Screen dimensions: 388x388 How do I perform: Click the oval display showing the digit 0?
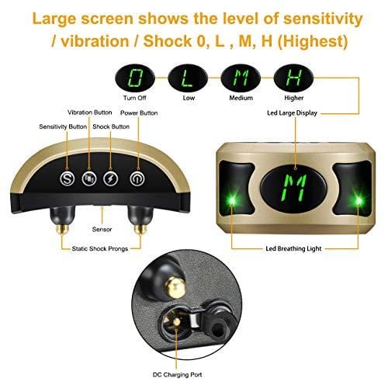(x=135, y=78)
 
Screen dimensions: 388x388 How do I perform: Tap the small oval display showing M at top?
(x=241, y=78)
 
